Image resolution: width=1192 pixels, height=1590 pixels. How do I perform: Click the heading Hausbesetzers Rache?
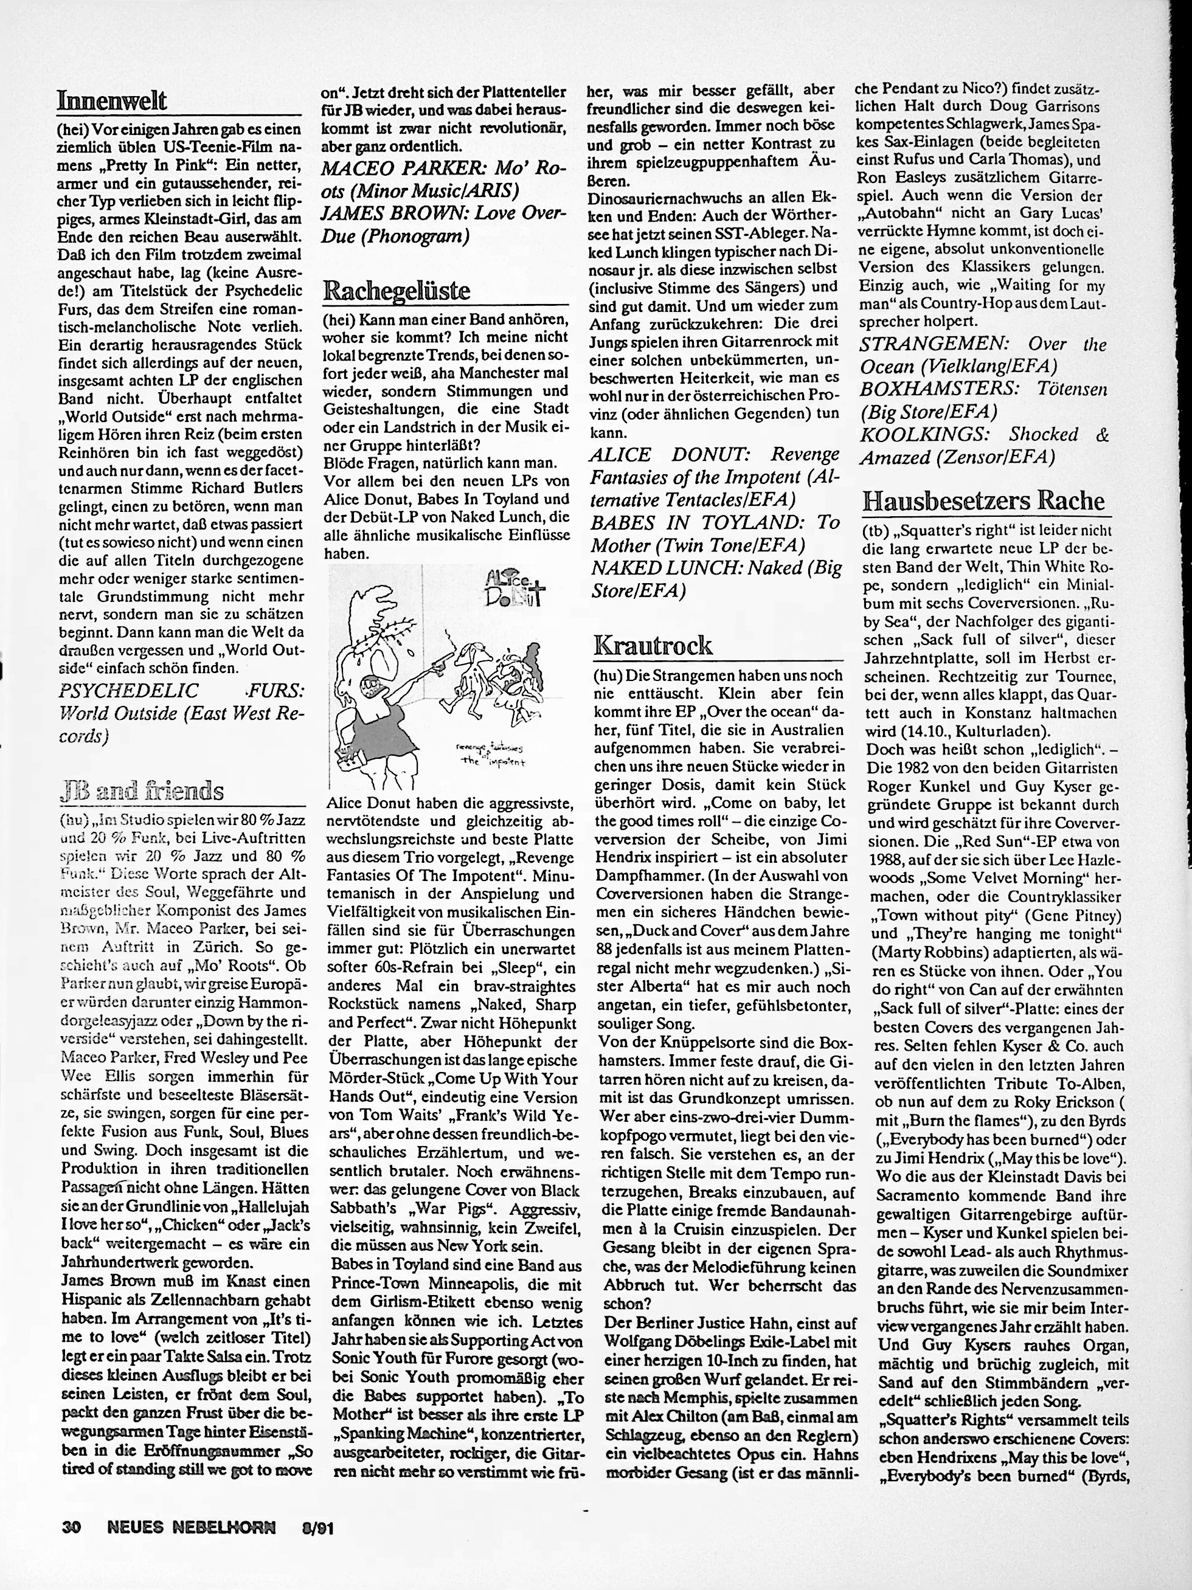[983, 500]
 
